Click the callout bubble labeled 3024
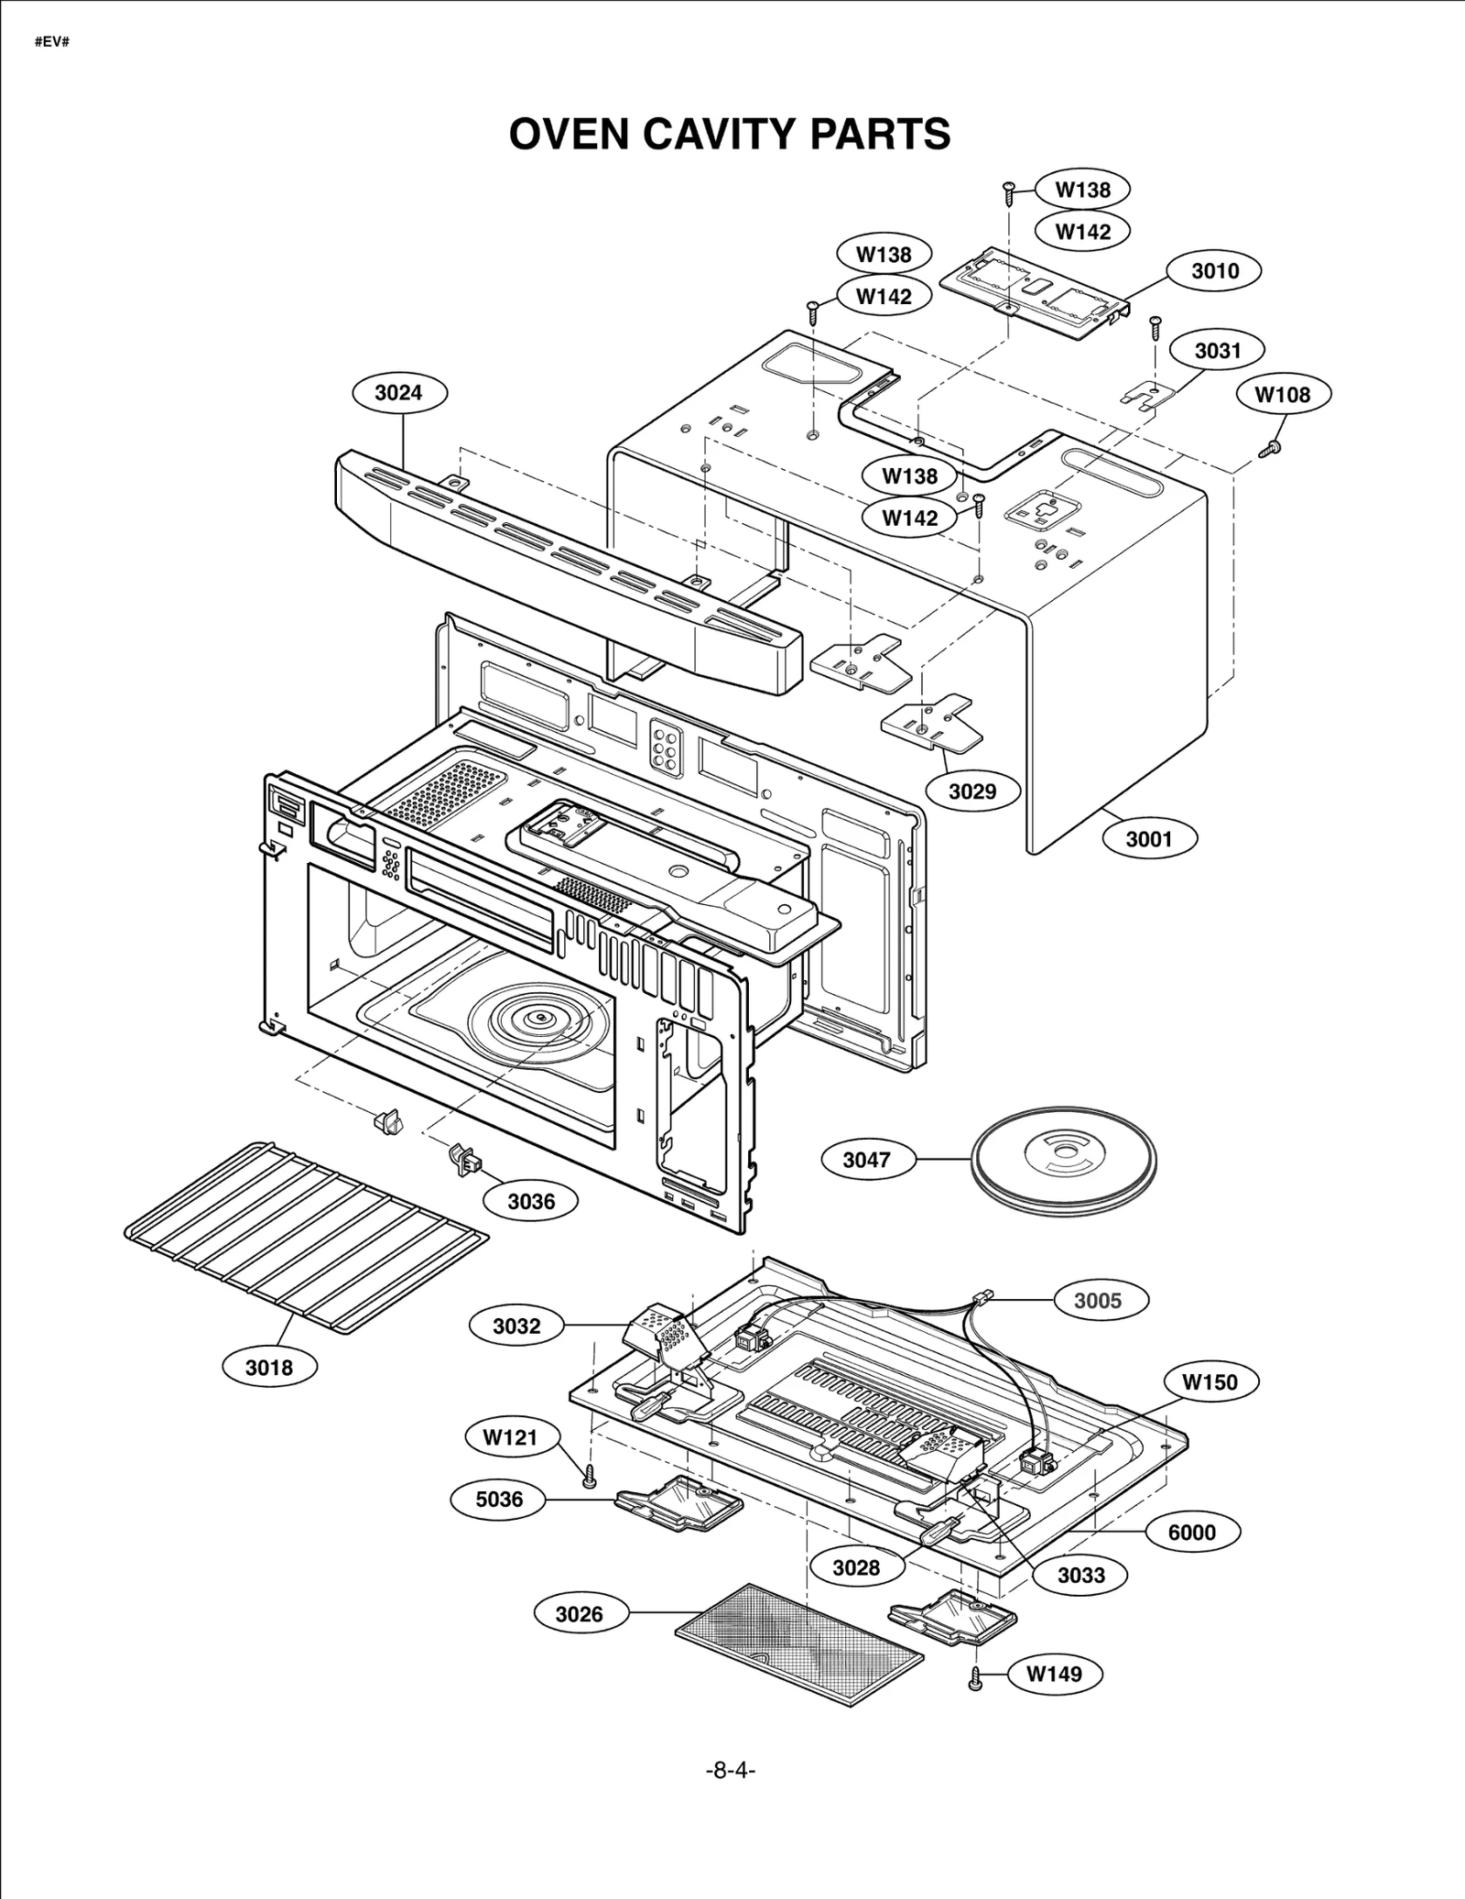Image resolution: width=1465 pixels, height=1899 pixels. click(398, 393)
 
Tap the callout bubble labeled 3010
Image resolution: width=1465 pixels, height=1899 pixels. click(1215, 271)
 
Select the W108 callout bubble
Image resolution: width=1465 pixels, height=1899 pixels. click(1282, 395)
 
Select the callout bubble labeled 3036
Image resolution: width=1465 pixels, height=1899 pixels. click(531, 1201)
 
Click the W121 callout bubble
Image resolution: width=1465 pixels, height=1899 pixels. click(510, 1437)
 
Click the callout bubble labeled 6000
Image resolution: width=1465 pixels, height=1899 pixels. click(1192, 1533)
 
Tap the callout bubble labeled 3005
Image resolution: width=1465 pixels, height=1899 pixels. click(1097, 1300)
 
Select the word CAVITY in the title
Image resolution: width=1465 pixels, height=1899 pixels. click(711, 134)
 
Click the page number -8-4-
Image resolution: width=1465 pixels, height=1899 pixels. click(730, 1770)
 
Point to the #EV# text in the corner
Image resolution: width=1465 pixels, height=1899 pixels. click(52, 43)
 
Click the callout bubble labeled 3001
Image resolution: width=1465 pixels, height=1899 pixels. click(1148, 838)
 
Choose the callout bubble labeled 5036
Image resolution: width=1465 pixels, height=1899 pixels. click(499, 1500)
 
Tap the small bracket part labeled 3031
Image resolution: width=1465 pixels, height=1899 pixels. click(1147, 393)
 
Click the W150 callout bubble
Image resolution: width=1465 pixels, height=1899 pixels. click(1210, 1382)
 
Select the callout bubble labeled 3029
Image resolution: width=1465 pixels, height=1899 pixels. click(971, 791)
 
